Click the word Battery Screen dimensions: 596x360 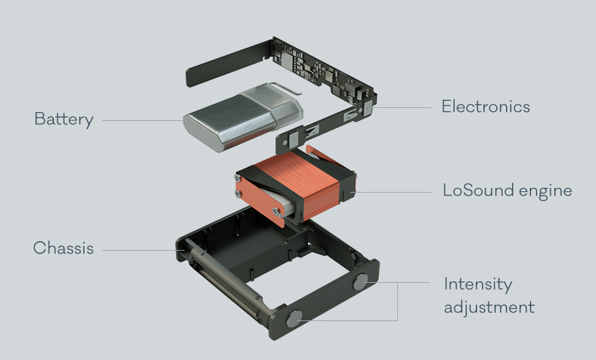(x=64, y=120)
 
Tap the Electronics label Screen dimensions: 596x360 (x=486, y=107)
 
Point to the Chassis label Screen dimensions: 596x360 (x=63, y=248)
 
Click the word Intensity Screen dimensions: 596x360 (x=478, y=285)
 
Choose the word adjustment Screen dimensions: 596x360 (x=489, y=307)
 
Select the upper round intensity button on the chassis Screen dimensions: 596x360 (x=360, y=281)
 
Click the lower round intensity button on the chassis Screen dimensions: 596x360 (x=294, y=318)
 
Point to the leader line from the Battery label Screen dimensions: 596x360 (x=143, y=120)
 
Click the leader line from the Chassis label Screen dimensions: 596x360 (x=143, y=250)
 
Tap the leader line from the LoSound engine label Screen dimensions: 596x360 (x=391, y=192)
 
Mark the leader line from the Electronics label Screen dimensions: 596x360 (x=401, y=107)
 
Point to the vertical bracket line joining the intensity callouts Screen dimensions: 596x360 (x=397, y=301)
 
